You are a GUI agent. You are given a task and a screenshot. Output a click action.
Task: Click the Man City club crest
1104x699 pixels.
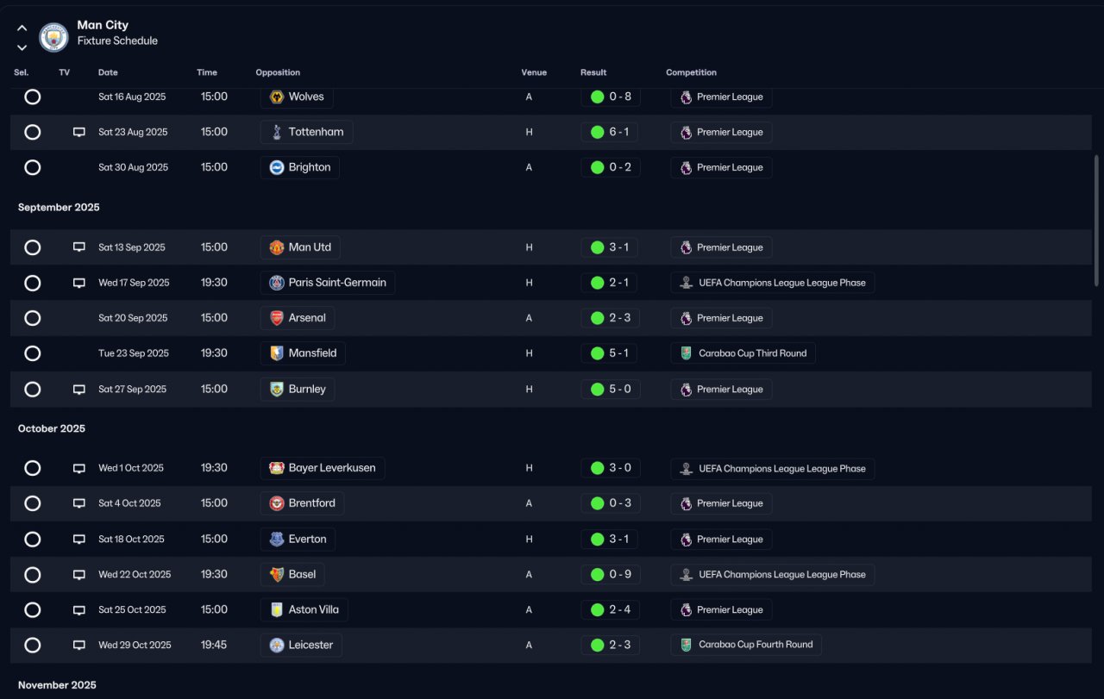point(53,37)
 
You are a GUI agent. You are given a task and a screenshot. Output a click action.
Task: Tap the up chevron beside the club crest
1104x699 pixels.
point(22,28)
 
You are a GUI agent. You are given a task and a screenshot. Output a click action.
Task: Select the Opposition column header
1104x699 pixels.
point(278,72)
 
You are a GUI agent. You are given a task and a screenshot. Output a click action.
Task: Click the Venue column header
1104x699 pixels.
point(534,72)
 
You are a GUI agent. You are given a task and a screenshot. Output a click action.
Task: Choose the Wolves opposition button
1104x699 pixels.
point(297,97)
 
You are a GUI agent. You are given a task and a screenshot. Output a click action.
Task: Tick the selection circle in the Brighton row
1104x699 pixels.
point(33,167)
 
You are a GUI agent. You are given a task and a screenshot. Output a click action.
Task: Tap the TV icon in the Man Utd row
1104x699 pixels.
point(78,247)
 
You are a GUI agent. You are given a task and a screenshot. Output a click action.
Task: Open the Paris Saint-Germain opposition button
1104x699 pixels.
point(327,283)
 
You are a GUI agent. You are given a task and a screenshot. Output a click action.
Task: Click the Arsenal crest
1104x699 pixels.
point(277,318)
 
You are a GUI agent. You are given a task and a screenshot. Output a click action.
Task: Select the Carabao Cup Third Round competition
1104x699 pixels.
point(743,353)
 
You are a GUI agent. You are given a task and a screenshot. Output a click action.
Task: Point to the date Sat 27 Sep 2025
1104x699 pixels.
point(132,390)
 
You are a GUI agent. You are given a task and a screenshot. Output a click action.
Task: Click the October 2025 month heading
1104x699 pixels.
point(51,428)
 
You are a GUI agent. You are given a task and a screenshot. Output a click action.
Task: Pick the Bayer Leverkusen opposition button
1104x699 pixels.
point(323,468)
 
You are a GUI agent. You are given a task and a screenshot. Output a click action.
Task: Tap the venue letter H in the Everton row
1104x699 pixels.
point(529,539)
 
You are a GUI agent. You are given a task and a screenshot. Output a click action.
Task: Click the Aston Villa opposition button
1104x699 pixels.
point(304,610)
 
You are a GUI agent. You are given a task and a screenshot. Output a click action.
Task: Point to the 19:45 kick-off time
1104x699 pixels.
point(213,645)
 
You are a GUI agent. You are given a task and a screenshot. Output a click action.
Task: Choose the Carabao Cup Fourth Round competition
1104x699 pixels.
point(746,645)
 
